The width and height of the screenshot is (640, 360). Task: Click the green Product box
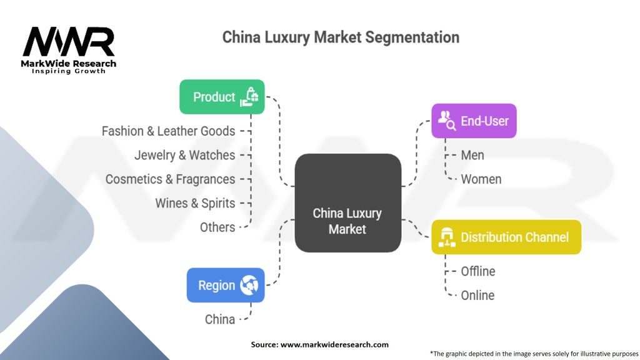[222, 97]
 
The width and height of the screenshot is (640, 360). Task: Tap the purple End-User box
[474, 121]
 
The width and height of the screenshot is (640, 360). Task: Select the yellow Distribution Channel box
[506, 237]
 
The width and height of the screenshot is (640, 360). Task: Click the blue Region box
[226, 285]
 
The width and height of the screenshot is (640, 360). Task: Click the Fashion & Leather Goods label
[168, 131]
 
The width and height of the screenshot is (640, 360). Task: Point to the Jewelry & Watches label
[185, 155]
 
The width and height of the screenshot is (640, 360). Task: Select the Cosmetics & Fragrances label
[170, 179]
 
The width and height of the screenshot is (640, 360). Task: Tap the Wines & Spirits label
[195, 203]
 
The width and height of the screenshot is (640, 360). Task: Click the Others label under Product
[217, 227]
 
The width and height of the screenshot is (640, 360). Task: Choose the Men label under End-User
[472, 155]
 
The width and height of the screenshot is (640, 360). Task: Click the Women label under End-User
[481, 179]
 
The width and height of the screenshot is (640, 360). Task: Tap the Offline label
[478, 271]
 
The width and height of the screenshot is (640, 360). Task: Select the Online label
[477, 295]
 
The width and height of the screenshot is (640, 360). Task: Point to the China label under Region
[220, 319]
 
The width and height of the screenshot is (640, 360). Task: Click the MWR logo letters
[69, 42]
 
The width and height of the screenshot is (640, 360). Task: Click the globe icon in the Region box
[249, 285]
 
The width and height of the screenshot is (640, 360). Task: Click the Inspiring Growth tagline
[69, 71]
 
